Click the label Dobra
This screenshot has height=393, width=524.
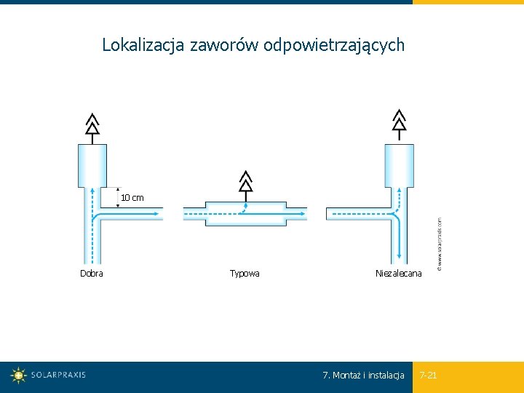pyautogui.click(x=92, y=274)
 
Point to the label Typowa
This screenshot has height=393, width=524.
pyautogui.click(x=245, y=274)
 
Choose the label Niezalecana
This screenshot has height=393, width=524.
pyautogui.click(x=398, y=274)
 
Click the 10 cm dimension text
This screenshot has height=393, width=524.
pyautogui.click(x=132, y=198)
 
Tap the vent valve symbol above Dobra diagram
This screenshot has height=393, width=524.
pyautogui.click(x=92, y=124)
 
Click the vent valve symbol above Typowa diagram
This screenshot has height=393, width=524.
pyautogui.click(x=246, y=182)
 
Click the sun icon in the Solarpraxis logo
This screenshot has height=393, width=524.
pyautogui.click(x=18, y=376)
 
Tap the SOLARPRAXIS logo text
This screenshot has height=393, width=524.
pyautogui.click(x=58, y=376)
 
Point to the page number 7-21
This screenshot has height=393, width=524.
pyautogui.click(x=429, y=376)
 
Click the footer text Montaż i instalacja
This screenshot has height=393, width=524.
pyautogui.click(x=368, y=376)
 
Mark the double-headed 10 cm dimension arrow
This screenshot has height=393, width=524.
pyautogui.click(x=118, y=197)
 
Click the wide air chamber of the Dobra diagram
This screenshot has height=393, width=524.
pyautogui.click(x=92, y=165)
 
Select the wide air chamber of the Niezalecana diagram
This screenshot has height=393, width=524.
pyautogui.click(x=399, y=165)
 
